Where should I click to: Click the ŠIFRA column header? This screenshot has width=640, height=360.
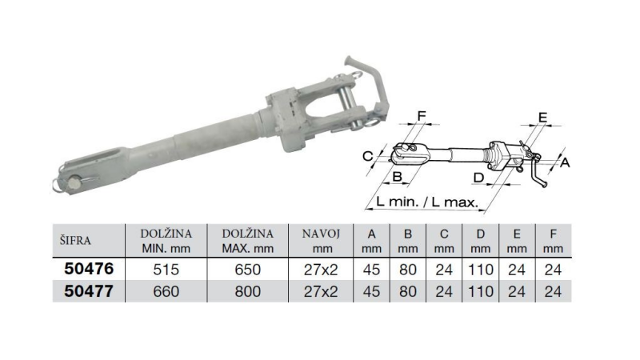(x=74, y=239)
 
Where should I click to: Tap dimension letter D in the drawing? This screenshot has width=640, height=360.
(x=478, y=176)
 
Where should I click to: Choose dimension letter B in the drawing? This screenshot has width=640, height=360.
(x=397, y=176)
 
